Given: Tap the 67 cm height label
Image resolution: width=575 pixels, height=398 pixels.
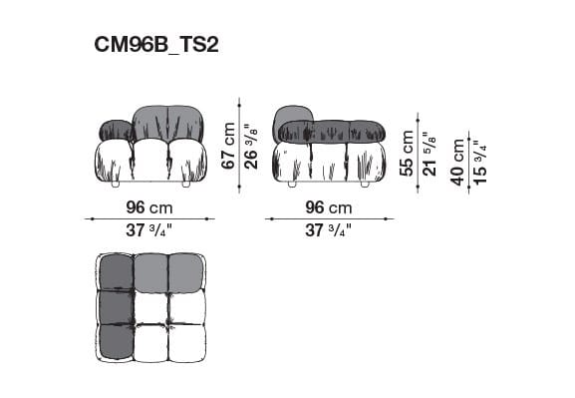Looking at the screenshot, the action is [229, 145].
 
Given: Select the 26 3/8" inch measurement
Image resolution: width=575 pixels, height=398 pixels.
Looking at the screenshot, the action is [252, 145].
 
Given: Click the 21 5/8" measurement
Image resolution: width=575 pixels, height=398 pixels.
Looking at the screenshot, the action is [430, 153].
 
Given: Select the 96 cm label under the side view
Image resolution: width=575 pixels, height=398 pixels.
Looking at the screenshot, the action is [329, 208].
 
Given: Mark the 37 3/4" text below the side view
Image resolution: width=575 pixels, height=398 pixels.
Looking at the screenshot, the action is [329, 230].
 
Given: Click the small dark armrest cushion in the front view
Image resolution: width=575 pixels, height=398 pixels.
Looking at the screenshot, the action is [115, 131].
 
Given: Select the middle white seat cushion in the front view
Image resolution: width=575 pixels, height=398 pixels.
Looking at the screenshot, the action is [150, 161].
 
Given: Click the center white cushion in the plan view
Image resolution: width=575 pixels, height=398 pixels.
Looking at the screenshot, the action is [150, 307].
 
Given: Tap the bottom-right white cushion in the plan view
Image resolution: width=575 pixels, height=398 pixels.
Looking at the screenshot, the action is [185, 343].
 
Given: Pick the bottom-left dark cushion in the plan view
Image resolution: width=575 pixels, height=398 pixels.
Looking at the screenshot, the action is [116, 343].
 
